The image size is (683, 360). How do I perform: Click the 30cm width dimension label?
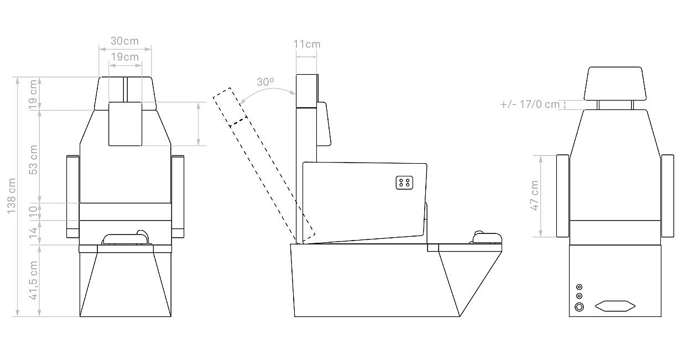coord(124,41)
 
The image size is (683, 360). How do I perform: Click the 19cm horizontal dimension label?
coord(125,57)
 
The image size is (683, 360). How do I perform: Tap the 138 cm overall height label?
coord(12,196)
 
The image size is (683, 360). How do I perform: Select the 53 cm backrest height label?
coord(33,160)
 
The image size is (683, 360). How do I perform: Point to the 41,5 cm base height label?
coord(33,280)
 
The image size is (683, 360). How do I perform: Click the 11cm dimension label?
coord(307,44)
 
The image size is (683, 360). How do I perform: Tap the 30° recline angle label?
coord(265,82)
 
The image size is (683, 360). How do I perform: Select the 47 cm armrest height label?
coord(534,195)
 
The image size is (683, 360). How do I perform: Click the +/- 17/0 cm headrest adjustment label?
coord(530,105)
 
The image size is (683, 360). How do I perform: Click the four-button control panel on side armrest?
coord(404,182)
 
